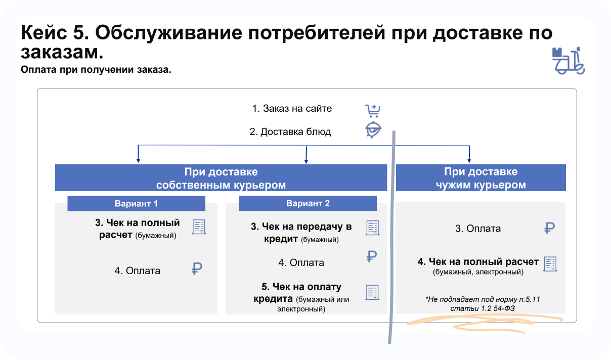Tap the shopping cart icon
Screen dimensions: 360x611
point(372,110)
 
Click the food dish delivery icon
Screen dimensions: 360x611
point(373,130)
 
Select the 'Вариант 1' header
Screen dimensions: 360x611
point(136,203)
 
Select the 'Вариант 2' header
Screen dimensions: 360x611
point(308,203)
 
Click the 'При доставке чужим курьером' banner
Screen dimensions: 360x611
point(481,178)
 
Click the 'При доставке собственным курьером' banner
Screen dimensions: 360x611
point(221,178)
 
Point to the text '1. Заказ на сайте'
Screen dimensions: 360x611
point(292,109)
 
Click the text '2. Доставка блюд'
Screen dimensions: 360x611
point(290,132)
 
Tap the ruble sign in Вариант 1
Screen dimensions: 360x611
point(197,268)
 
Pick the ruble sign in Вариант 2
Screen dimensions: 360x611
point(372,256)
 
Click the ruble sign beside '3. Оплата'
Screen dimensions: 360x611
point(549,228)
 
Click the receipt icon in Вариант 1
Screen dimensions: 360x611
point(199,227)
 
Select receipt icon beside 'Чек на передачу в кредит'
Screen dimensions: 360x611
point(373,228)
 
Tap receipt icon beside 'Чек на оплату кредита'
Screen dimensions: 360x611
point(373,292)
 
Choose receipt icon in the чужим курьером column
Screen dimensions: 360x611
point(550,264)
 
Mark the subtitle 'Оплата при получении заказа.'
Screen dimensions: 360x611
point(96,69)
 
